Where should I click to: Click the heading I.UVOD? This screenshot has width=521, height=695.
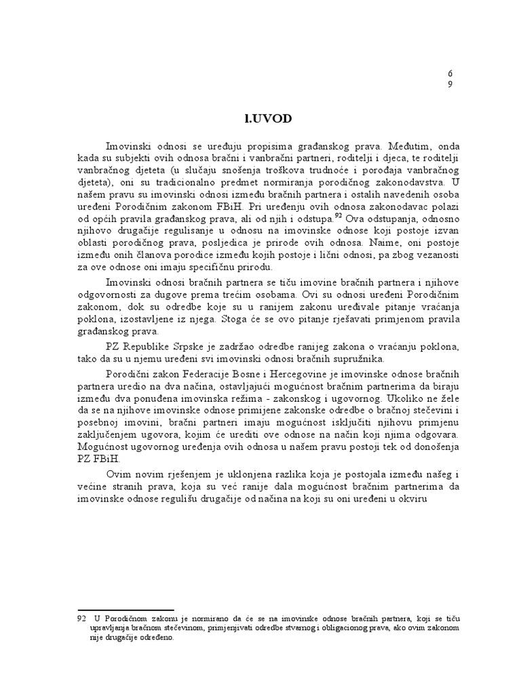click(267, 118)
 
